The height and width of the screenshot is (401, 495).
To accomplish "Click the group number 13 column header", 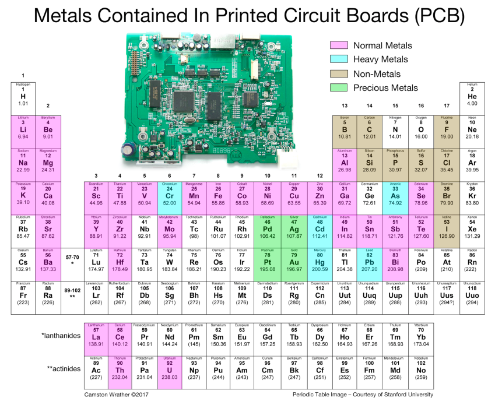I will point(345,105).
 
